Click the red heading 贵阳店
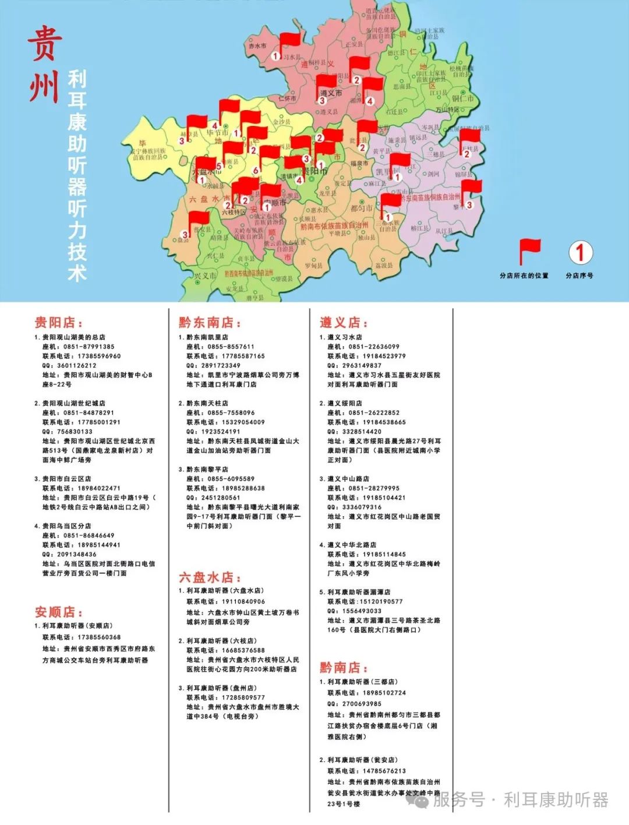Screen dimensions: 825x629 coord(58,322)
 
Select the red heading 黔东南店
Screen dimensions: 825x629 coord(210,322)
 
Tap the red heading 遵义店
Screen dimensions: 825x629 coord(344,322)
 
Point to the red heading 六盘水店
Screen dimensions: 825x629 coord(206,577)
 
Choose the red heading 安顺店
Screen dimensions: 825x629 coord(58,612)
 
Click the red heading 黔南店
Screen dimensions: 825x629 coord(344,667)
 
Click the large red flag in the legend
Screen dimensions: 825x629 coord(529,252)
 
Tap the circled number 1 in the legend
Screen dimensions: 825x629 coord(580,253)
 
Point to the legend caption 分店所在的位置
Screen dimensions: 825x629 coord(524,276)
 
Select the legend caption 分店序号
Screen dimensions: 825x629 coord(579,276)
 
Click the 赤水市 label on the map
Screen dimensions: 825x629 coord(257,45)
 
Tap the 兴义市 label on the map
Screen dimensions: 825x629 coord(205,276)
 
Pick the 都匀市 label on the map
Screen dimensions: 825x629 coord(361,208)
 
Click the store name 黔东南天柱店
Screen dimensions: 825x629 coord(207,403)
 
